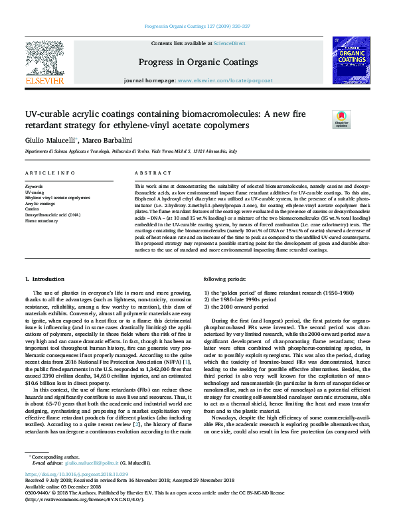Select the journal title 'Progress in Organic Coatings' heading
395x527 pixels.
point(198,62)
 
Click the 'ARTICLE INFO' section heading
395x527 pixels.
point(50,173)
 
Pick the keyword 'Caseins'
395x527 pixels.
point(33,209)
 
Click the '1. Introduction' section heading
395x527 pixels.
point(48,279)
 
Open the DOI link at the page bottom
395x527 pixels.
point(74,476)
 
